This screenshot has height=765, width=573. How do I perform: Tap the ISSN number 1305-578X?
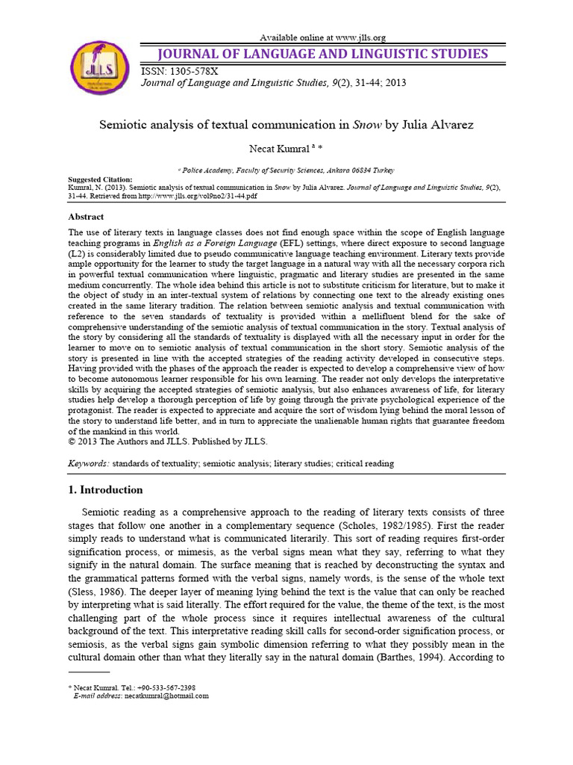(195, 71)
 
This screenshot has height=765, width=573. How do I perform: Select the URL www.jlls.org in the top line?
(361, 37)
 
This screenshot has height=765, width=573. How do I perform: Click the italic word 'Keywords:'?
(88, 464)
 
